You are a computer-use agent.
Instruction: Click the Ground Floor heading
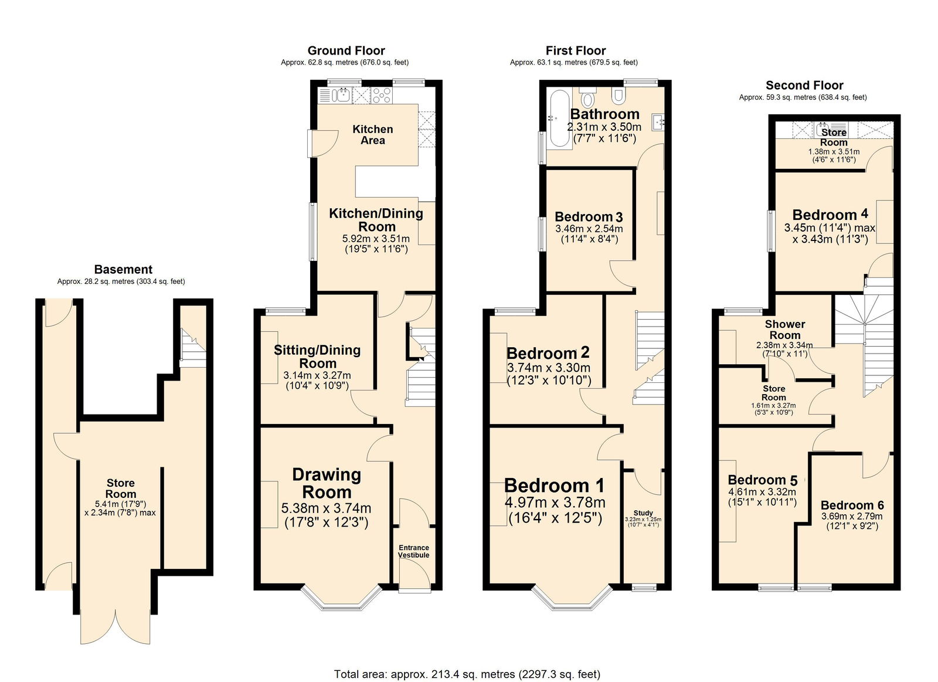[346, 50]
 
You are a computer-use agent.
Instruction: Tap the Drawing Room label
[327, 483]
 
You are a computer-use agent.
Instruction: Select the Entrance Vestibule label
[414, 551]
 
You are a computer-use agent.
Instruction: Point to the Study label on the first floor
[643, 513]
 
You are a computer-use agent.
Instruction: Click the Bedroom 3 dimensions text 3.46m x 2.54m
[589, 229]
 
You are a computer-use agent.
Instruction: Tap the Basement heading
[123, 269]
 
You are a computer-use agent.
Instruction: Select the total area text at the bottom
[467, 674]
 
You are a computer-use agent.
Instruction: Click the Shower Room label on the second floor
[784, 329]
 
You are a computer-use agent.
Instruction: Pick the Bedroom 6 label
[852, 505]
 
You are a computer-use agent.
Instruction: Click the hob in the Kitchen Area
[382, 95]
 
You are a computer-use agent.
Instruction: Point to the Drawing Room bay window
[342, 598]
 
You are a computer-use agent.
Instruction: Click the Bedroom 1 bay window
[572, 598]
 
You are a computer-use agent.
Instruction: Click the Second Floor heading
[804, 85]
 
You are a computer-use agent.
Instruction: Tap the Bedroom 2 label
[548, 353]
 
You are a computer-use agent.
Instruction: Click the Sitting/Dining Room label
[317, 356]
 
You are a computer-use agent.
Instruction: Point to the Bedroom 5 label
[762, 480]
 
